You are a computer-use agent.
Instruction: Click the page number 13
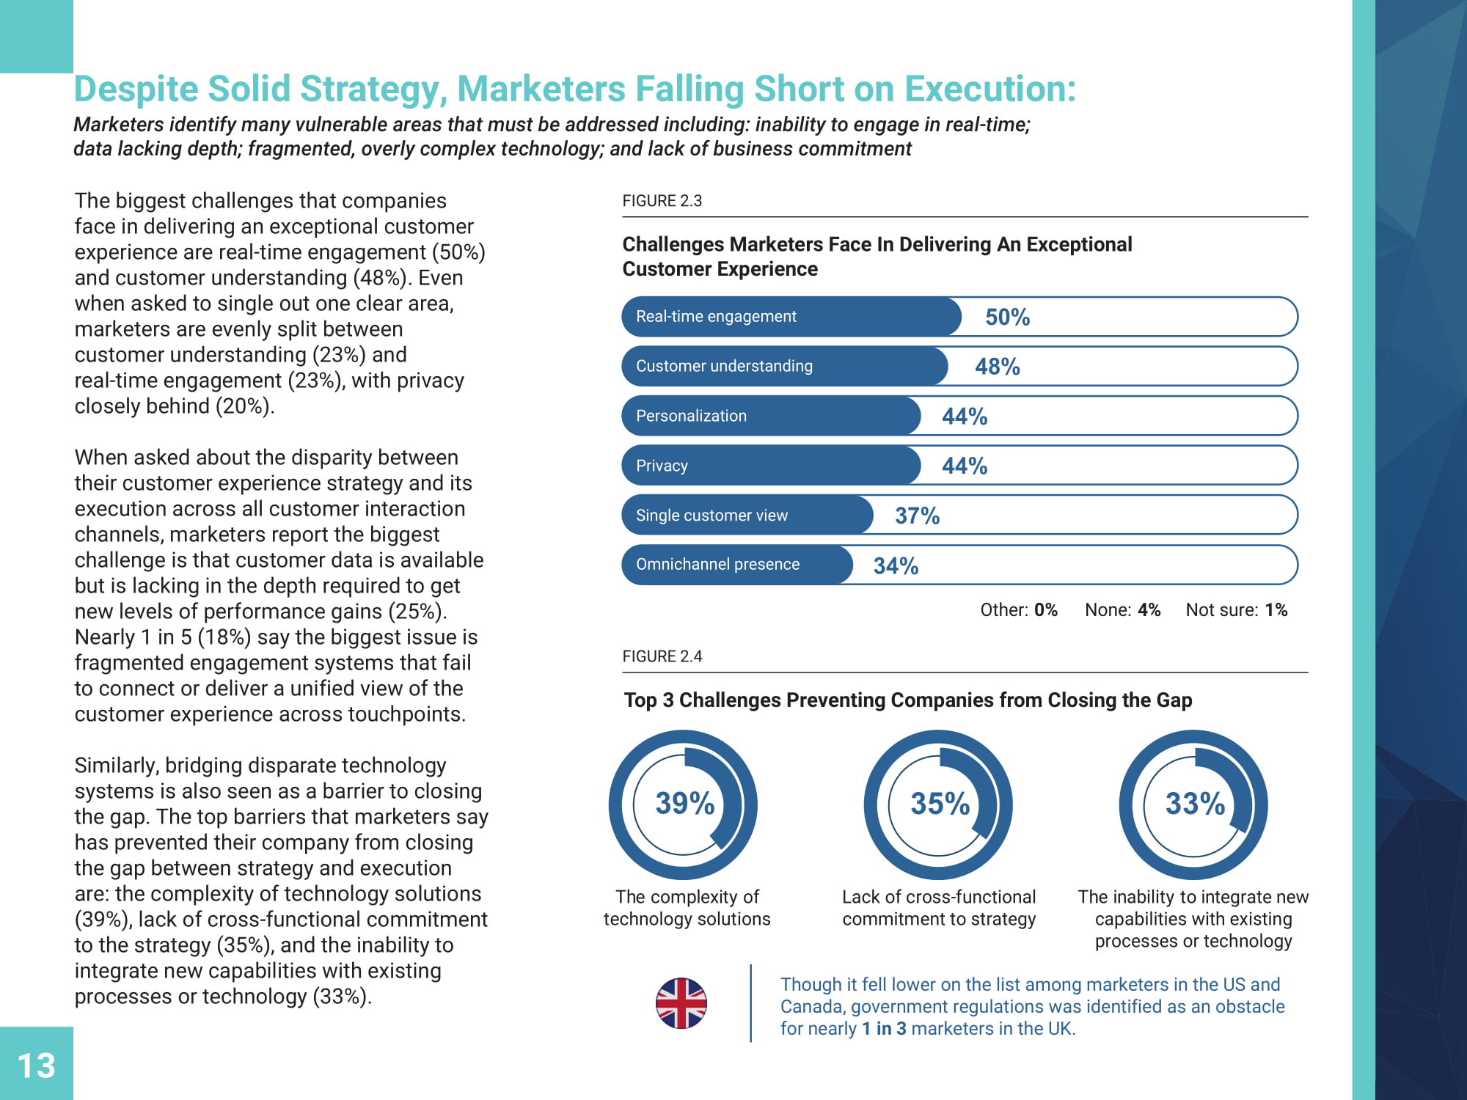coord(36,1066)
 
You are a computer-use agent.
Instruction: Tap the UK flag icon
coord(681,1003)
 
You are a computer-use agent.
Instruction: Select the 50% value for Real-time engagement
coord(1007,317)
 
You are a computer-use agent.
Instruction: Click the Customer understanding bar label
coord(724,366)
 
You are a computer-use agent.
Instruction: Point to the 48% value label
coord(997,367)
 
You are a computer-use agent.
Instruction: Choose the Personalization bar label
coord(691,416)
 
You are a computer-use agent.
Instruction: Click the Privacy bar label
coord(662,466)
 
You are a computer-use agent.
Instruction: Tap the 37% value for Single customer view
coord(917,516)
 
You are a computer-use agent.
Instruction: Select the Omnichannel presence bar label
coord(717,564)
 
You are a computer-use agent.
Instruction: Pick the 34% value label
coord(896,565)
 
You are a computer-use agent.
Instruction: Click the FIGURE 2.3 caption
coord(662,201)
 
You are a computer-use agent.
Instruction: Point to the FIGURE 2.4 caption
coord(662,656)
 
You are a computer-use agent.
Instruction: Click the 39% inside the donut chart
coord(684,804)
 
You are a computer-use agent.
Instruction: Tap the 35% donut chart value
coord(940,804)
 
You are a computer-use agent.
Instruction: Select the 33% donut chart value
coord(1195,804)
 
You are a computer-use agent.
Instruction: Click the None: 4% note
coord(1122,610)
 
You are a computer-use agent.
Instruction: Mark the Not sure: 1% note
coord(1236,610)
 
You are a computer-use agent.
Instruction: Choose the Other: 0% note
coord(1019,610)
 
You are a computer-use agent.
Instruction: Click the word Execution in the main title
coord(989,89)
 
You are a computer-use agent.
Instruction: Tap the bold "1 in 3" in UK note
coord(884,1029)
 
